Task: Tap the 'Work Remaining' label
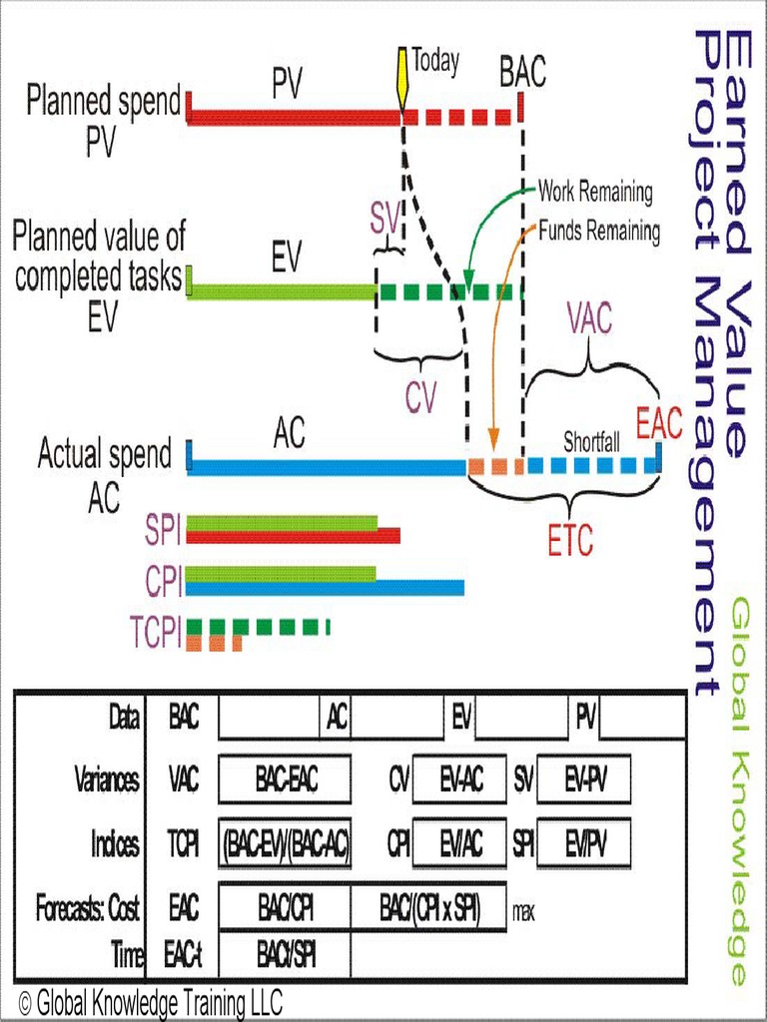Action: coord(595,191)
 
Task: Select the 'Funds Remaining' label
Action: coord(599,232)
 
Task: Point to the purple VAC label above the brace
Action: coord(590,320)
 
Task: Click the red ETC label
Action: coord(570,540)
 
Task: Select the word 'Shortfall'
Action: coord(591,441)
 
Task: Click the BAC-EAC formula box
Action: coord(285,779)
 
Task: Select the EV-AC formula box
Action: coord(460,779)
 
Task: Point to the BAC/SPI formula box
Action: coord(286,956)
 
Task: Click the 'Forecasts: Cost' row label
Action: coord(87,909)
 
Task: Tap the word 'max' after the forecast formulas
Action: coord(525,910)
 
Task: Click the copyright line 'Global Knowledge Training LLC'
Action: coord(151,1001)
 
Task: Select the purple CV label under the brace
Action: coord(420,397)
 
